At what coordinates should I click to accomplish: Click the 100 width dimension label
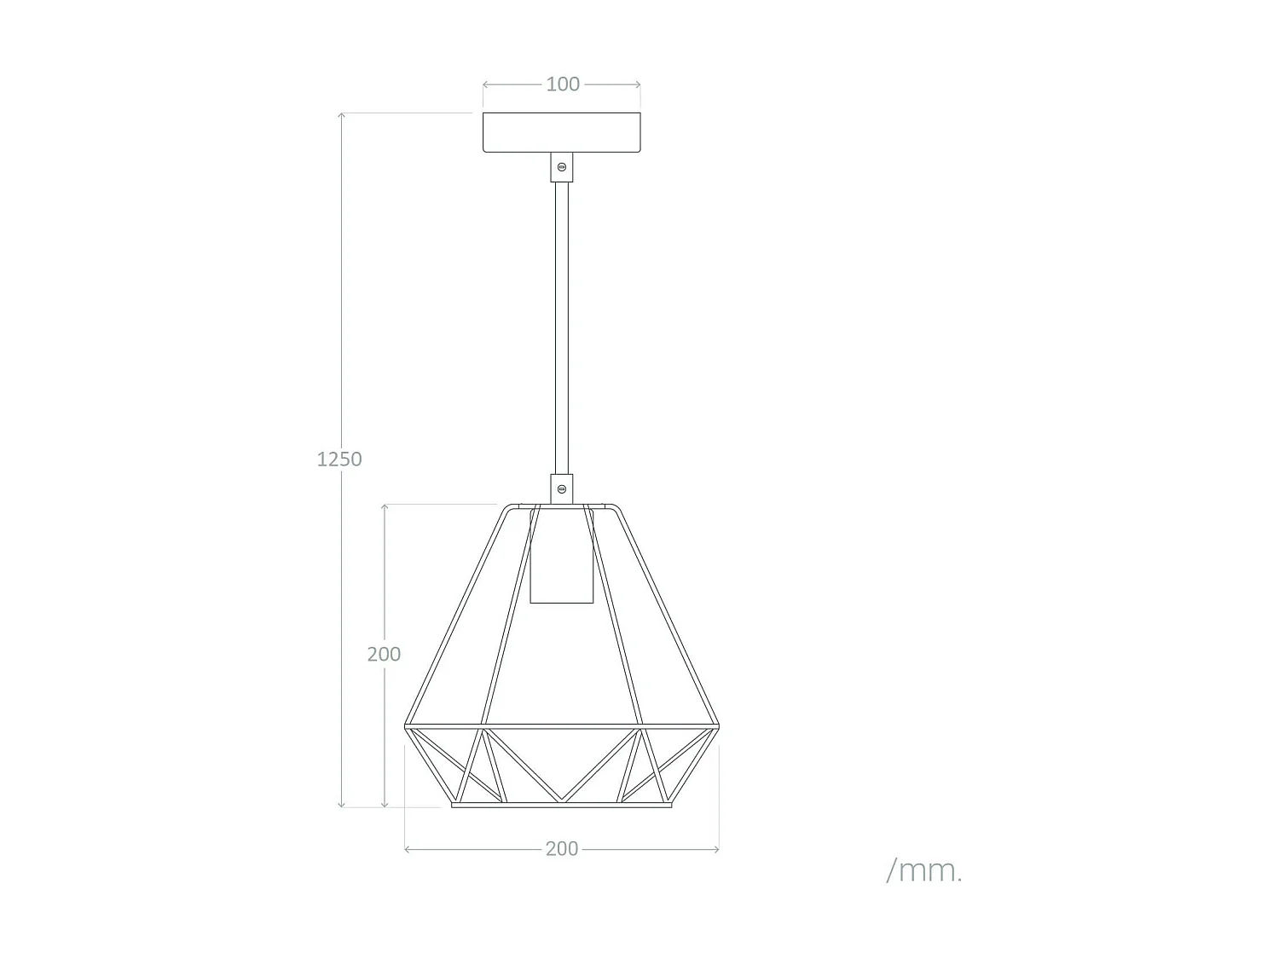click(x=562, y=84)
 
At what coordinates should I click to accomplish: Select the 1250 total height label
click(x=339, y=459)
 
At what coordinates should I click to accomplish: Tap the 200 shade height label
click(x=384, y=654)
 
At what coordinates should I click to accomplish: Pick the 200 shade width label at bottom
click(x=561, y=849)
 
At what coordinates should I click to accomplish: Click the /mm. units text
click(x=924, y=870)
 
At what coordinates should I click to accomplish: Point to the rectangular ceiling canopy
click(x=562, y=132)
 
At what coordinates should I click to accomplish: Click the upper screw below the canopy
click(x=562, y=167)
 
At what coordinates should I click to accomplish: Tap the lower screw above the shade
click(x=562, y=489)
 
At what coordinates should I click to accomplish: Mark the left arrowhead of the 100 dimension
click(x=485, y=85)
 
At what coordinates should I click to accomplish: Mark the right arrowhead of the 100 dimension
click(x=639, y=85)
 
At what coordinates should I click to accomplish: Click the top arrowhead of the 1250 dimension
click(x=342, y=115)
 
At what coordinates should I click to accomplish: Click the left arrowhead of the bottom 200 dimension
click(x=407, y=849)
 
